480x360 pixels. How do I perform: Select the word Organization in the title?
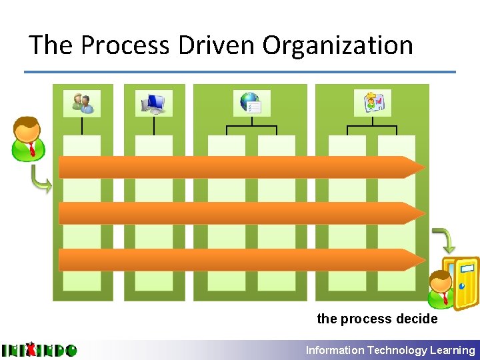click(338, 45)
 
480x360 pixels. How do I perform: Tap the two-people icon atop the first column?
click(82, 103)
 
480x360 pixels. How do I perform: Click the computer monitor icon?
click(154, 103)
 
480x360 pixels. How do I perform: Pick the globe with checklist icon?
click(251, 103)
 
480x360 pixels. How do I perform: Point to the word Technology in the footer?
click(398, 350)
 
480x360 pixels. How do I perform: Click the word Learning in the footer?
click(453, 350)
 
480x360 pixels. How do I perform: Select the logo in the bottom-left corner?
click(39, 350)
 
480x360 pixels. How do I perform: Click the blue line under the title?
click(240, 72)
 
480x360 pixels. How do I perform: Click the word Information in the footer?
click(335, 350)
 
